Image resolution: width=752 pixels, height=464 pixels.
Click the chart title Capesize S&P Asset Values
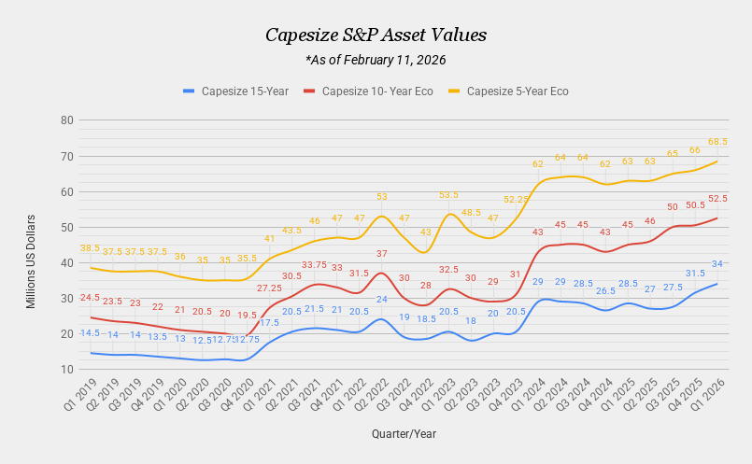click(x=376, y=35)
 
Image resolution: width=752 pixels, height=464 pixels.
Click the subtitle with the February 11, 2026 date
click(x=376, y=60)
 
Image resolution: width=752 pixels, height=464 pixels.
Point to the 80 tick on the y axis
click(x=67, y=120)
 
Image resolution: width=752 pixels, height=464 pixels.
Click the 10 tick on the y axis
click(x=67, y=370)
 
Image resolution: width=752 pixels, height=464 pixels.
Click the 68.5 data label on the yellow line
click(x=717, y=142)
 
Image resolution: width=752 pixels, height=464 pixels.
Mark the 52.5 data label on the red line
click(x=717, y=199)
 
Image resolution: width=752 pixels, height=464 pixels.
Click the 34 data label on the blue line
click(x=717, y=264)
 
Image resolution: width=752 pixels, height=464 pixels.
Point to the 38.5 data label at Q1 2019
click(x=90, y=248)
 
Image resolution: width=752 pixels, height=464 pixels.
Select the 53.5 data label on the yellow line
click(x=448, y=195)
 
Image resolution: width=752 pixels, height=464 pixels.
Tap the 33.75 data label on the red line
click(x=314, y=264)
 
